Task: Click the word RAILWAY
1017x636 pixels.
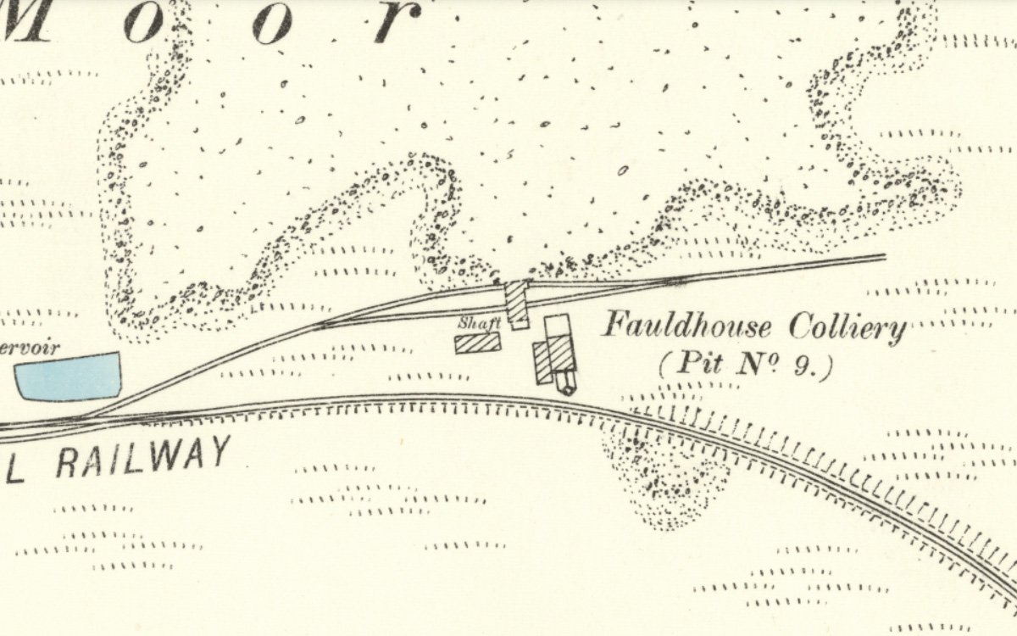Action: (143, 458)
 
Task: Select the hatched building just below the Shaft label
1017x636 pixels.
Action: (477, 343)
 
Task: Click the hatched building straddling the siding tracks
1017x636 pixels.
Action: (517, 304)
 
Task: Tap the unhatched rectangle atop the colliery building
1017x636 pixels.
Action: (557, 326)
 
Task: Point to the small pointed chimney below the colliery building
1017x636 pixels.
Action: (565, 386)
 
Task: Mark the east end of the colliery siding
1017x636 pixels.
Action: (884, 255)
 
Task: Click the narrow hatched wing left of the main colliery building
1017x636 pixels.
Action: (543, 363)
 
